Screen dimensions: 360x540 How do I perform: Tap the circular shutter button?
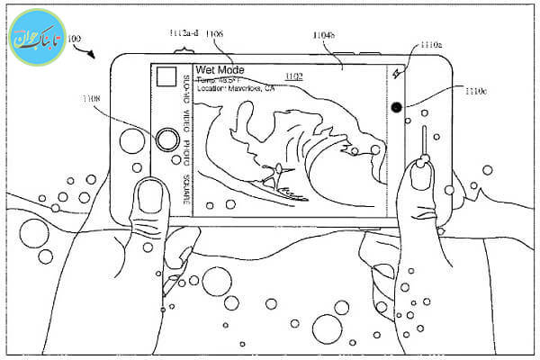pos(166,139)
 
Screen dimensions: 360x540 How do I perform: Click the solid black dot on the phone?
pos(397,107)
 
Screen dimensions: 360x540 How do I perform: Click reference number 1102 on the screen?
pos(293,76)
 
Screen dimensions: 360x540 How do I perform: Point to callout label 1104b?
pos(325,35)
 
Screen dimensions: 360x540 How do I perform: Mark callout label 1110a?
pos(430,44)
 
